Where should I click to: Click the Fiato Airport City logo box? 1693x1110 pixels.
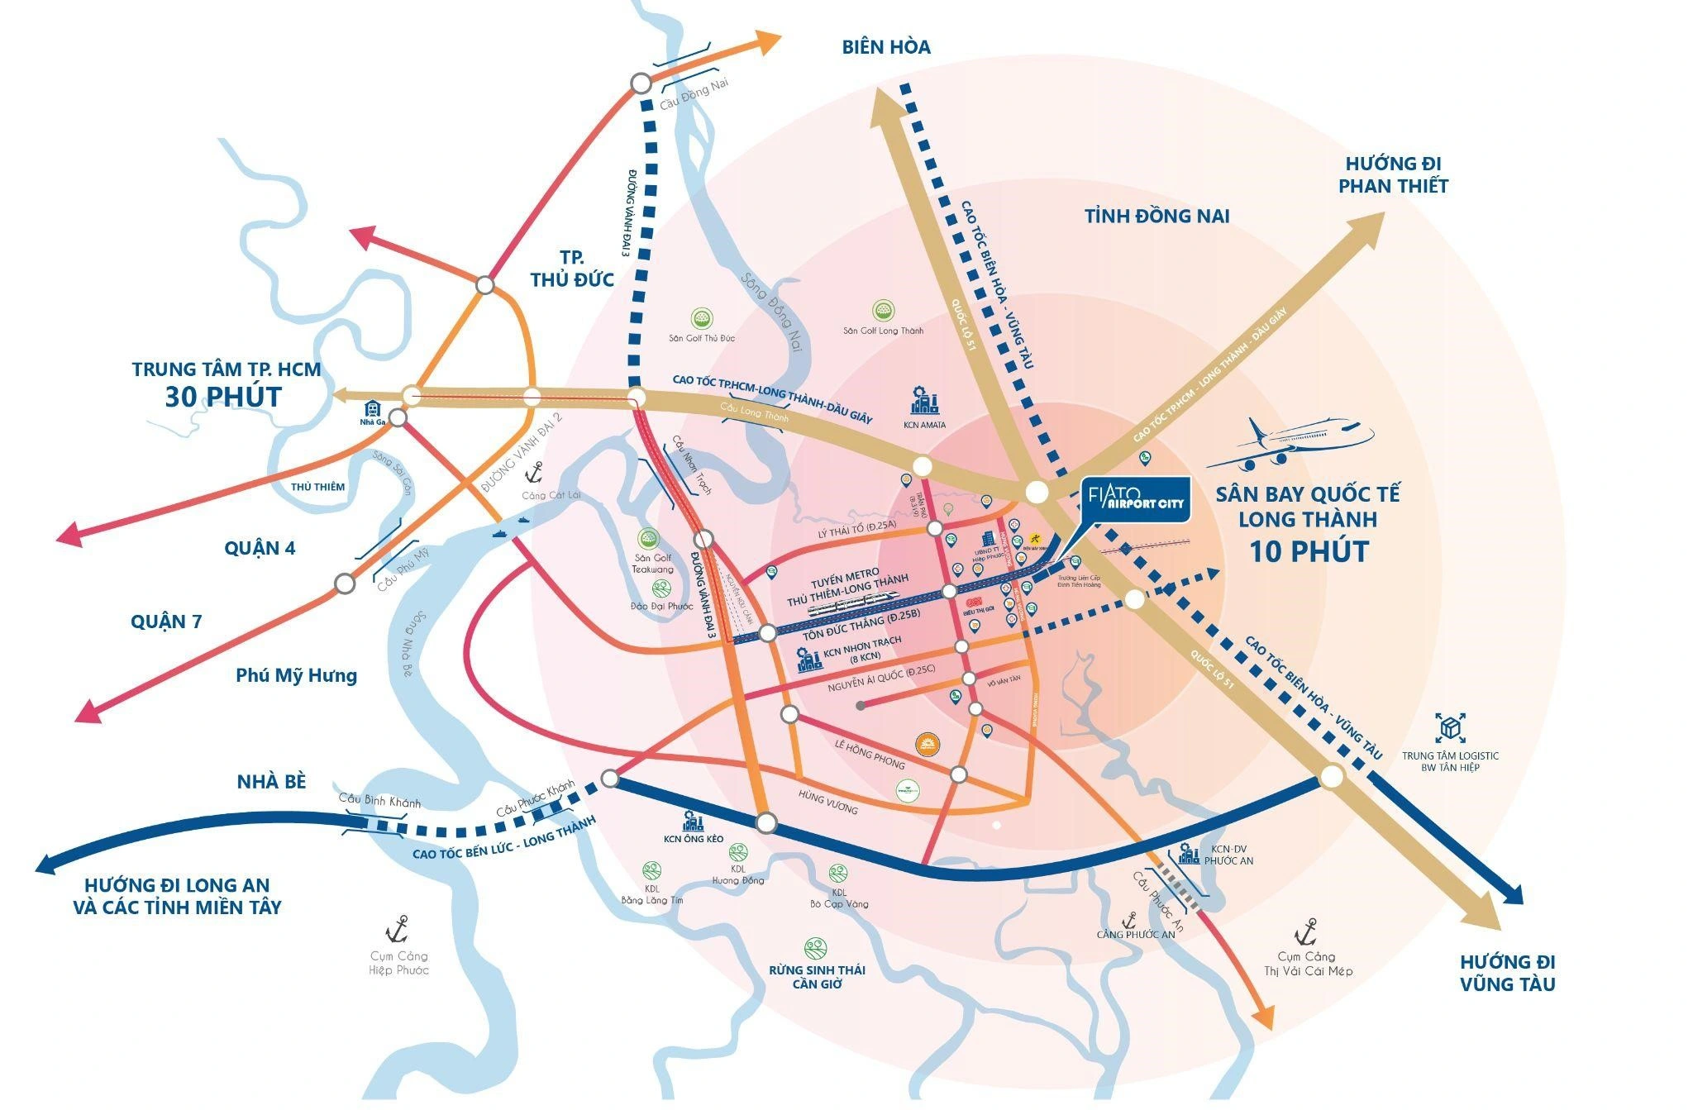[1137, 499]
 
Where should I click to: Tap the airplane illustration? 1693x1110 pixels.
[1290, 443]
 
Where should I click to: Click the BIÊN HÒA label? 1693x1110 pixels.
[886, 47]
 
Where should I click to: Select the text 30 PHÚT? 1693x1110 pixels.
[223, 397]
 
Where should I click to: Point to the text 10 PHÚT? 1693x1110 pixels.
[1308, 550]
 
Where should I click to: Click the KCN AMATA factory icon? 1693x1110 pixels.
[924, 402]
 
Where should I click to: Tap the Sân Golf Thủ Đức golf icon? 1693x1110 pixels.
[702, 318]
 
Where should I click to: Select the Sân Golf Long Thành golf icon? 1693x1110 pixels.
[883, 311]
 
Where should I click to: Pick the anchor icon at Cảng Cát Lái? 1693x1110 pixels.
[534, 474]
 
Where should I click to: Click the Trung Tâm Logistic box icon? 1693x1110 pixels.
[1449, 728]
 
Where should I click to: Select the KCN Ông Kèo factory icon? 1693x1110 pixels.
[692, 821]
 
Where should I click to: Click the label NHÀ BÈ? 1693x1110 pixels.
[271, 781]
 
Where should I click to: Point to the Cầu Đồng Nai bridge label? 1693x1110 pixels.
[694, 98]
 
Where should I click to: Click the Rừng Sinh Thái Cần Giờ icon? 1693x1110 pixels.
[815, 947]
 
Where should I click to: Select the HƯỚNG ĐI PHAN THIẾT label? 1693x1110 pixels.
[1393, 175]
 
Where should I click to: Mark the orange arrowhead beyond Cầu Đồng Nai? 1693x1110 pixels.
[769, 40]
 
